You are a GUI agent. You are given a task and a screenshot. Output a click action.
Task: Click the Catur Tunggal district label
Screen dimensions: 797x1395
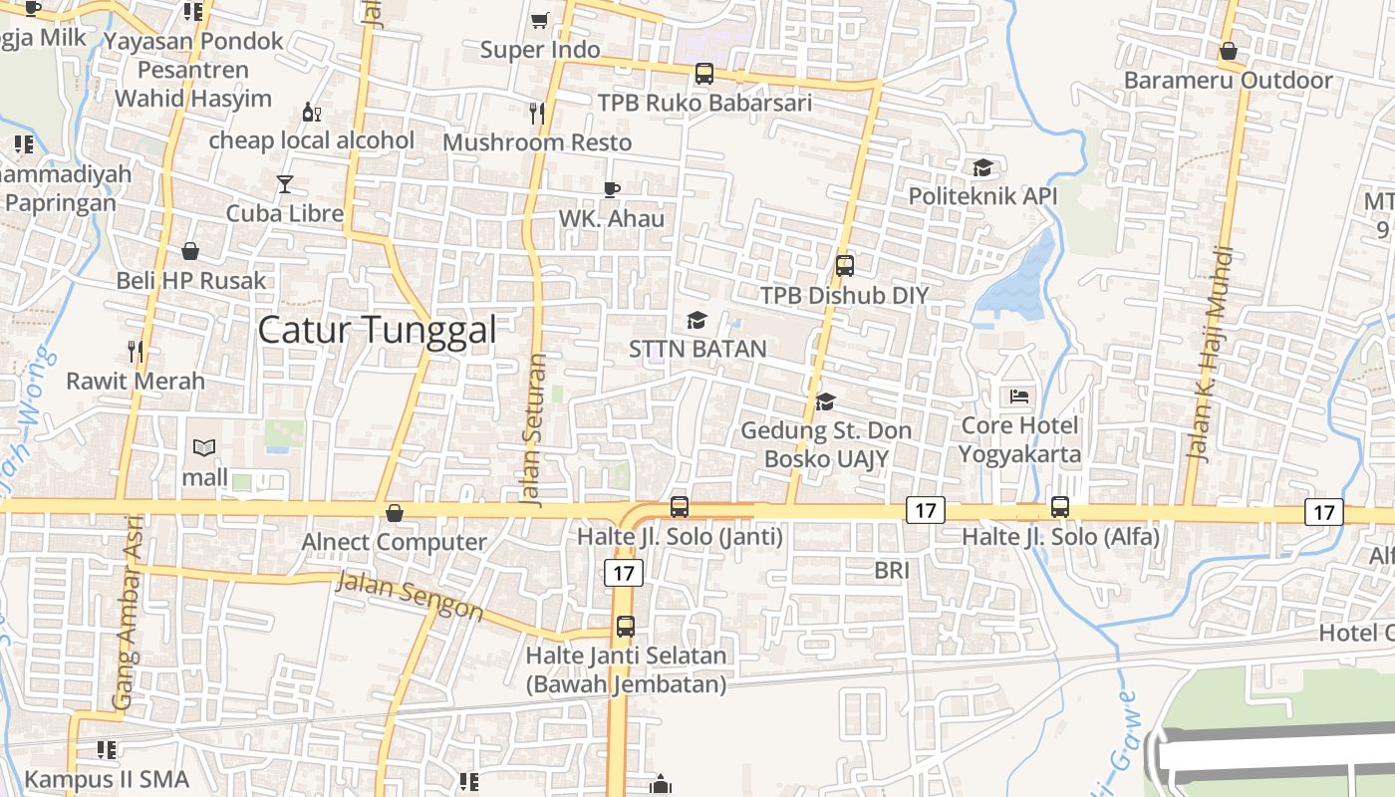click(377, 330)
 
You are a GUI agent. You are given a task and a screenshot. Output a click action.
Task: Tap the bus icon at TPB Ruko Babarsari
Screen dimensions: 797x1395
click(703, 73)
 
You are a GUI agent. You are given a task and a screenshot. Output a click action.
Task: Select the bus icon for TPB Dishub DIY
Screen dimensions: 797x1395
click(844, 266)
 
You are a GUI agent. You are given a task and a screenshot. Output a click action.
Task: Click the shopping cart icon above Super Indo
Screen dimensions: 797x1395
click(539, 20)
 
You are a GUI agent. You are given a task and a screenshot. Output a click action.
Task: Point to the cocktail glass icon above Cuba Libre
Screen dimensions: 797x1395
click(285, 183)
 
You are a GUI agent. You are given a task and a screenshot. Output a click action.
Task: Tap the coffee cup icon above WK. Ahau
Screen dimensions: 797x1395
click(612, 189)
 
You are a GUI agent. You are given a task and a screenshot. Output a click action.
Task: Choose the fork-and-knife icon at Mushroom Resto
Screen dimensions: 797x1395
click(537, 114)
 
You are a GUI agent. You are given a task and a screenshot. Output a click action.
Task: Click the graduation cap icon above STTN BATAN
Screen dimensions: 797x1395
click(697, 320)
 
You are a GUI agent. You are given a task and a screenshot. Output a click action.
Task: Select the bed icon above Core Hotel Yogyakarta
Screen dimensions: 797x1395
click(1019, 397)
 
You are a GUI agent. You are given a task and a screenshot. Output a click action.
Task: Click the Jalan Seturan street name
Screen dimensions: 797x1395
click(535, 430)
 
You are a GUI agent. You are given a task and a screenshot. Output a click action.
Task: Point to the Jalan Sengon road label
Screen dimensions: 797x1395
click(410, 595)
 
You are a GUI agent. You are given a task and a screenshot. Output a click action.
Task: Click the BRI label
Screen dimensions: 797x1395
click(892, 571)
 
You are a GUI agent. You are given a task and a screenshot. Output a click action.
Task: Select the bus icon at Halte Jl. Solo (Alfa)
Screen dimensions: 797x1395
click(1060, 507)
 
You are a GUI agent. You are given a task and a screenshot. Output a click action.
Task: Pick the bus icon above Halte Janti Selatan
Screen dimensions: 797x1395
click(626, 627)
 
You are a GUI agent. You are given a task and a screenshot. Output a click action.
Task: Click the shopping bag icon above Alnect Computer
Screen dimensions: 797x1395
click(395, 513)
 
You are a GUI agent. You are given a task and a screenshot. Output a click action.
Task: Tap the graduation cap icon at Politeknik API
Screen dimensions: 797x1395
click(982, 167)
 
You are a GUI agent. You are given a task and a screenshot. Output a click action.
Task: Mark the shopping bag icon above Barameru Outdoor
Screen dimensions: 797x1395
click(1229, 51)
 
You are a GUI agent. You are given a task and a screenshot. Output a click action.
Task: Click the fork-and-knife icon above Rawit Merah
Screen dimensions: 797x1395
click(136, 351)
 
